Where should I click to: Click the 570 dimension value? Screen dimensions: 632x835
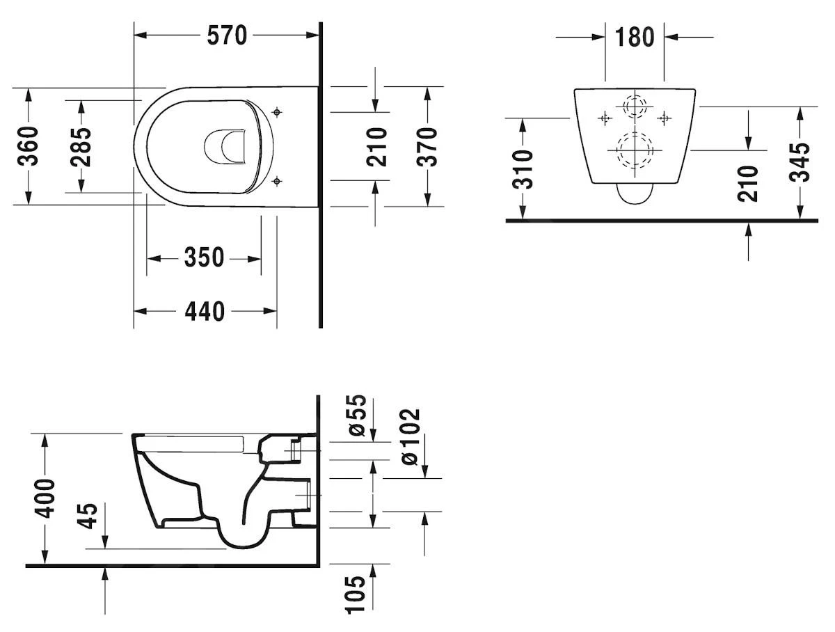[228, 35]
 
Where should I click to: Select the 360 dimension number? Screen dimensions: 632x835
[29, 147]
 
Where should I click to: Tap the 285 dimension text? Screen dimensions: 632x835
[81, 147]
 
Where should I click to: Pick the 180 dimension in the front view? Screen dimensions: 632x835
[635, 37]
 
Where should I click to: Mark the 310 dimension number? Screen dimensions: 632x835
[523, 169]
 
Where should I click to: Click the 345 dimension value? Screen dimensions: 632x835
[801, 162]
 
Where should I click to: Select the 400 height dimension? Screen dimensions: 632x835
[45, 498]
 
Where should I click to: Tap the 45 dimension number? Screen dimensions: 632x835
[89, 516]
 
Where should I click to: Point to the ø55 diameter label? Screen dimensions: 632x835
[357, 416]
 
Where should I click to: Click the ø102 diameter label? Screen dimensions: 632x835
[411, 436]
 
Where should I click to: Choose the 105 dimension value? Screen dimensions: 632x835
[357, 594]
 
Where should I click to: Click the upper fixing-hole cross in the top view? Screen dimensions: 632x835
[277, 111]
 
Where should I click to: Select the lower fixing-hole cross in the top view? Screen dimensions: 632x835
[277, 182]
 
